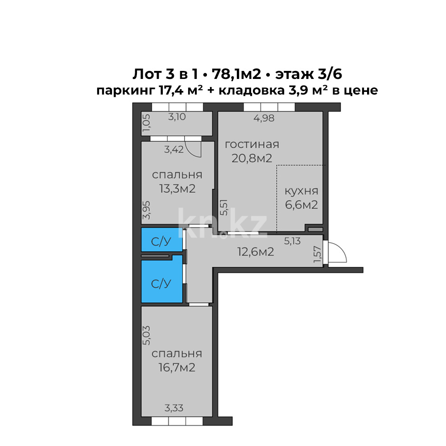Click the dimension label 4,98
[x=264, y=118]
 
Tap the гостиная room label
[x=252, y=145]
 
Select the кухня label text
[x=301, y=191]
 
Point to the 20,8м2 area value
[x=252, y=158]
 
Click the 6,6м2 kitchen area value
[x=301, y=205]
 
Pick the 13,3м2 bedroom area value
[x=177, y=189]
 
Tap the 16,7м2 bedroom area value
[x=177, y=368]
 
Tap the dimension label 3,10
[x=177, y=117]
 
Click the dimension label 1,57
[x=317, y=255]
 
